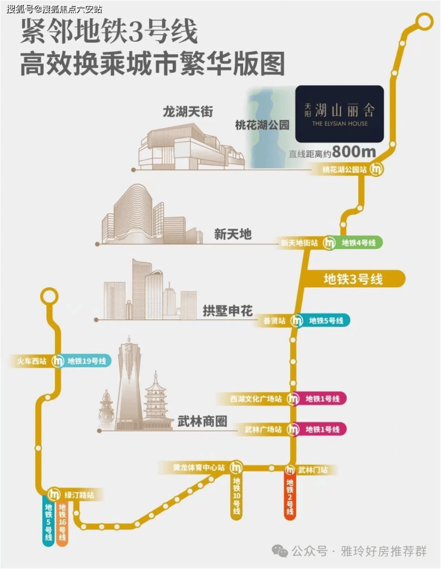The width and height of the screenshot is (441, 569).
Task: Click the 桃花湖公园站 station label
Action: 344,169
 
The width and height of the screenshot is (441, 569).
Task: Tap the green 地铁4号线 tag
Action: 359,242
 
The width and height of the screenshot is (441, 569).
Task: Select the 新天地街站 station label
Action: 299,242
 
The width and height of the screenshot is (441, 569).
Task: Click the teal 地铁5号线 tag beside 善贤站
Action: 326,321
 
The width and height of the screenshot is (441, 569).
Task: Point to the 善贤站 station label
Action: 274,321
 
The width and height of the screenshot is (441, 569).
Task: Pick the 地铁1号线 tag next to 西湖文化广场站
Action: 322,399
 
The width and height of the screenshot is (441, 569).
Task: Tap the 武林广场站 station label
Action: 263,430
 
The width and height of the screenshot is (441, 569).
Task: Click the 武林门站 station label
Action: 312,470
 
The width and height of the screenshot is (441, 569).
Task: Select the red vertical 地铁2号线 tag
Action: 290,497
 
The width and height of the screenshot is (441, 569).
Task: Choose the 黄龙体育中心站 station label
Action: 199,467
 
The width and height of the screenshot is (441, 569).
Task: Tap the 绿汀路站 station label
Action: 79,495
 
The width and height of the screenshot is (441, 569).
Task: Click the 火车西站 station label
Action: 32,361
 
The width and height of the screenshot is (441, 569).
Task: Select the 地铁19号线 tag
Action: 87,361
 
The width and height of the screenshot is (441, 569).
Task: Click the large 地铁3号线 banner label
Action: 353,279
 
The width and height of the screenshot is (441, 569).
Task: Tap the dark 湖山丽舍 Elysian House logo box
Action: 339,114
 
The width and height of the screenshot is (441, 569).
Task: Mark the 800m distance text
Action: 353,152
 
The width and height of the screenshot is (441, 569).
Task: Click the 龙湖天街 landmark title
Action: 188,111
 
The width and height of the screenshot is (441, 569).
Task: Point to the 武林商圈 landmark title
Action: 202,421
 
